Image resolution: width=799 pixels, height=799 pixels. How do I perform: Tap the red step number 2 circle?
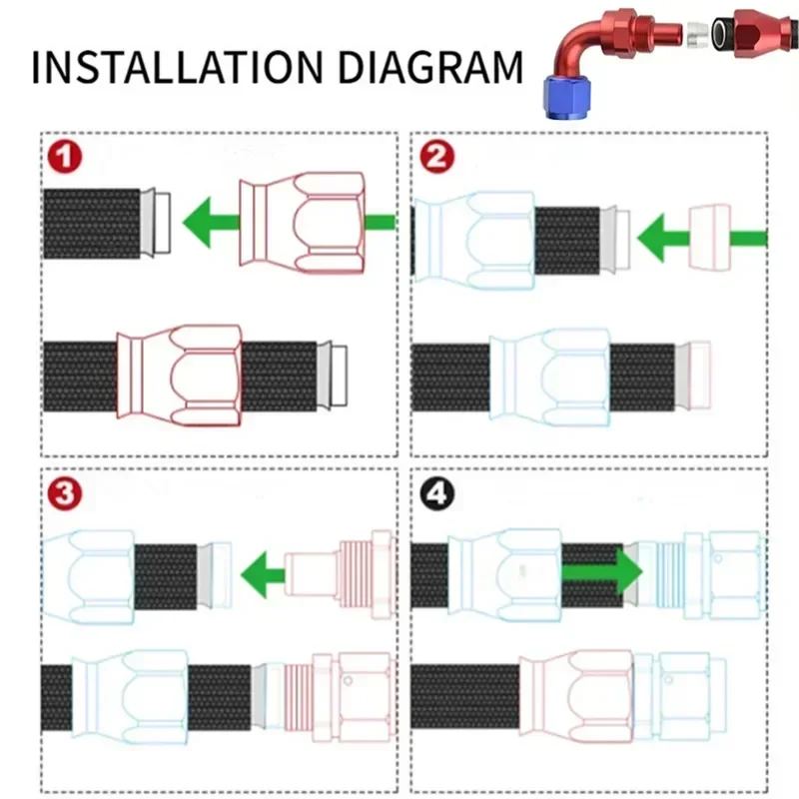pos(437,158)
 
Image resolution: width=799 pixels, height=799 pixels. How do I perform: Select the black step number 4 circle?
pos(437,493)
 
